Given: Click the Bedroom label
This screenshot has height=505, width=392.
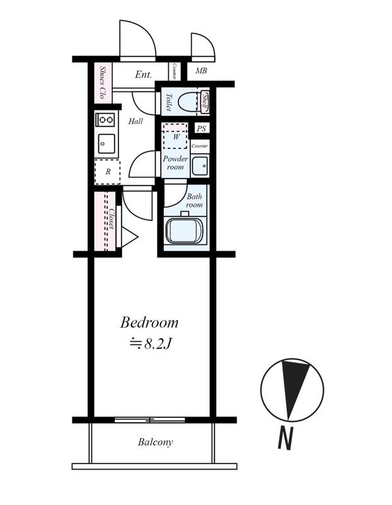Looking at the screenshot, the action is coord(149,323).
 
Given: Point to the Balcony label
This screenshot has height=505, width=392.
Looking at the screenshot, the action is coord(155,442).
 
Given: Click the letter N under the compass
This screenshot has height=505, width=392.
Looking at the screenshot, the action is coord(285,438).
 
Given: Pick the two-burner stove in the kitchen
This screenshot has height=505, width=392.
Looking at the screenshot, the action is coord(107,120).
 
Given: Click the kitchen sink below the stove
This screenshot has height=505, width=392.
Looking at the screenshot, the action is coord(107,144).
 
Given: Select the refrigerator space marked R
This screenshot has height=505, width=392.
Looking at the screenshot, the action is coord(107,172).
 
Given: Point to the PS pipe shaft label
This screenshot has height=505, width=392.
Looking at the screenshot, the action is coord(202,129).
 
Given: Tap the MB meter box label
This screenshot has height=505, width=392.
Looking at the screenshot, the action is coord(201,71).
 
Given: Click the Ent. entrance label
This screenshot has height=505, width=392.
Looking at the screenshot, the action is coord(143,74).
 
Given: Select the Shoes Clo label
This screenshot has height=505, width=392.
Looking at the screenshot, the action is coord(103,82).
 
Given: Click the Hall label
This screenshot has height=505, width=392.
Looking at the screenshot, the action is coord(135,121).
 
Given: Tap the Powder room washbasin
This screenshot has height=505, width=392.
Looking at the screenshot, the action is coord(200,165).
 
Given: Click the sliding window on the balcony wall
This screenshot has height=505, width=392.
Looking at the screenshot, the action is coord(150,420).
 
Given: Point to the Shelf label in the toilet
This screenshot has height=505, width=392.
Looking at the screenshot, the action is coord(205,102).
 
